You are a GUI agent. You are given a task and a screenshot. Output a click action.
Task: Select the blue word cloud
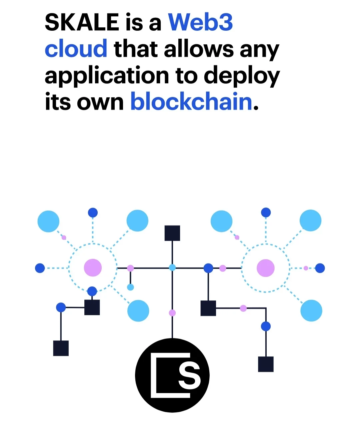tap(76, 48)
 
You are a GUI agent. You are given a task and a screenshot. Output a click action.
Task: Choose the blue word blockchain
tap(191, 101)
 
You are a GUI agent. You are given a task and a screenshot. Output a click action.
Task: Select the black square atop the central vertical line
tap(172, 233)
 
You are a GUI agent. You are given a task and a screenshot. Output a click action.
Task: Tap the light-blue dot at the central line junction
tap(172, 267)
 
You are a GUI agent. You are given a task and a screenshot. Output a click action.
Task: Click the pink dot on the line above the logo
tap(172, 313)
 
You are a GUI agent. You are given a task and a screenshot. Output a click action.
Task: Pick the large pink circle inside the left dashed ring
tap(93, 268)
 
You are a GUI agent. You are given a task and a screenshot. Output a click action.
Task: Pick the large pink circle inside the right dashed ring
tap(266, 268)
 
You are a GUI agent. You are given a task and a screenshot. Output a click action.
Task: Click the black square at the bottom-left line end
tap(61, 348)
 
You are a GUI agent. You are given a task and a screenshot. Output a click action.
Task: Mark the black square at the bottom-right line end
tap(266, 364)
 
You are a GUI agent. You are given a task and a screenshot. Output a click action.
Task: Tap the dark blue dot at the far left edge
tap(40, 268)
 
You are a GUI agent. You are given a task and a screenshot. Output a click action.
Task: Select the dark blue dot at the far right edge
tap(320, 268)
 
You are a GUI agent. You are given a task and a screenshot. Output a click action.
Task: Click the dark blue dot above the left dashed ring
tap(93, 212)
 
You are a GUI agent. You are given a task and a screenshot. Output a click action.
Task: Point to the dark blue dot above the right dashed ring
tap(266, 212)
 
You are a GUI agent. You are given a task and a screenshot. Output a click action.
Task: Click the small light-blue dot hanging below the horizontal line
tap(130, 287)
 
